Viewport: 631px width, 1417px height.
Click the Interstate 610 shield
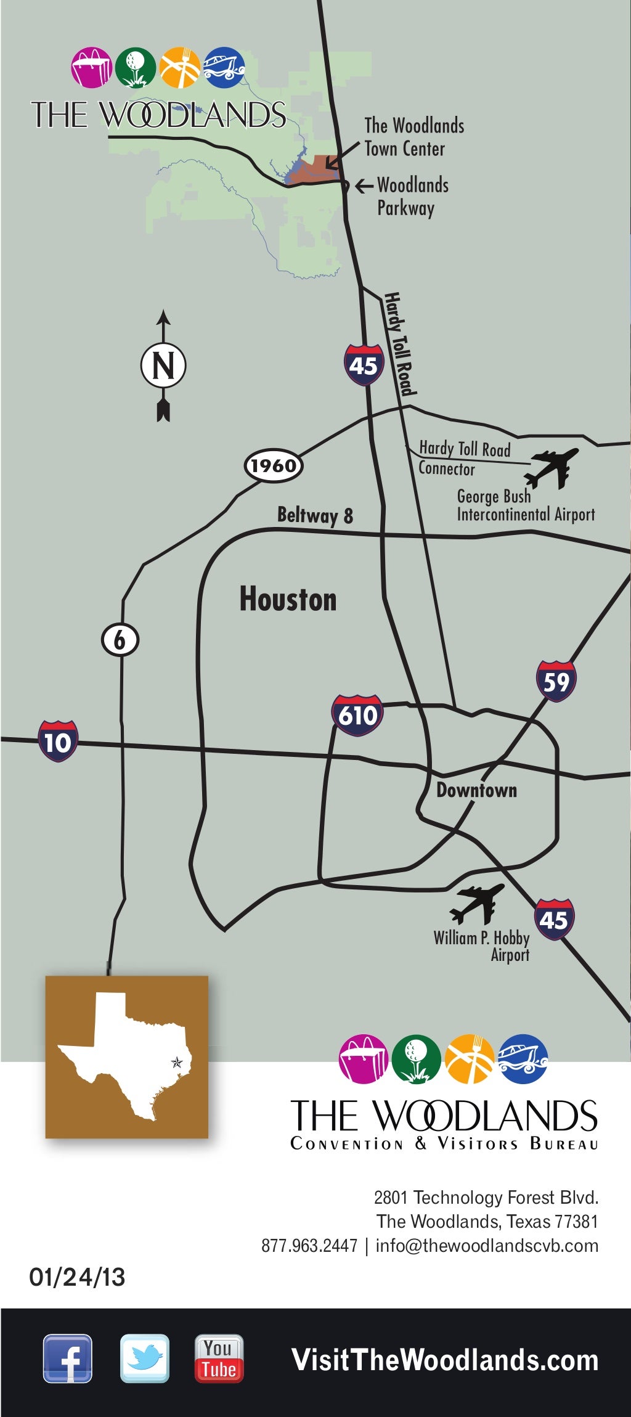click(357, 715)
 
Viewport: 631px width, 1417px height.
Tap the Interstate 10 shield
click(58, 741)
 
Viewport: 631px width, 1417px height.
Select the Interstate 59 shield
click(556, 681)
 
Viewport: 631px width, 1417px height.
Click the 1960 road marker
click(274, 465)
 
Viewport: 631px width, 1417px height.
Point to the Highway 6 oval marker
click(120, 640)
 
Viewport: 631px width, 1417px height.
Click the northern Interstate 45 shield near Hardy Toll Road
click(364, 365)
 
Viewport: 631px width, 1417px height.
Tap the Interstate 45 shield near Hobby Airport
click(554, 919)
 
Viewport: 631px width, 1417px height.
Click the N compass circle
click(163, 365)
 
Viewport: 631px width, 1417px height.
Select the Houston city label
click(288, 599)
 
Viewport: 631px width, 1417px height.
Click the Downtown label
click(476, 790)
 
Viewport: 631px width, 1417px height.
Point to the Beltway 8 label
click(315, 515)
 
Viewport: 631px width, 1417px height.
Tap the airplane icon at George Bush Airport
click(552, 468)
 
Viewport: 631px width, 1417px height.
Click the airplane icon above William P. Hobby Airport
click(477, 904)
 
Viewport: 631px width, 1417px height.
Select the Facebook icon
click(68, 1358)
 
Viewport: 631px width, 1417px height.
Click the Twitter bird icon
click(144, 1358)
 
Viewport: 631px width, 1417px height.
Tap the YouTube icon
click(219, 1358)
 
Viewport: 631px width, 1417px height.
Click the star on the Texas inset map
click(177, 1062)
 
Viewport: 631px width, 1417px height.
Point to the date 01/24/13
click(77, 1277)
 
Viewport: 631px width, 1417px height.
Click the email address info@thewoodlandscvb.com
click(487, 1246)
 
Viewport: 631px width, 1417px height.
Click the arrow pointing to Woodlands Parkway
click(364, 186)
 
